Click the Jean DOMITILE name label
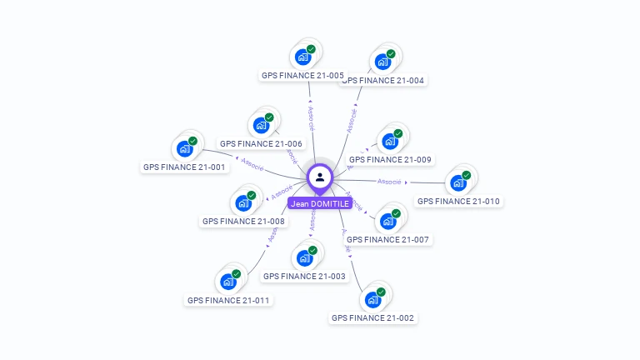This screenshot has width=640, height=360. [320, 203]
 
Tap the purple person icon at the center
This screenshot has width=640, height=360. [320, 177]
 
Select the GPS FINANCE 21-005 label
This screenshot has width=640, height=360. [302, 75]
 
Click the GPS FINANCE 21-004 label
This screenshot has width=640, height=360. [383, 81]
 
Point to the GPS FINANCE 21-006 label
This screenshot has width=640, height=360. [261, 143]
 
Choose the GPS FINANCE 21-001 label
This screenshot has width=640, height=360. [184, 167]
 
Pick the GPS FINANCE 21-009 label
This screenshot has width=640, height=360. [390, 159]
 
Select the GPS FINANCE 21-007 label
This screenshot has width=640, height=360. [387, 239]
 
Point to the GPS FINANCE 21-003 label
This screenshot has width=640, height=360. [304, 276]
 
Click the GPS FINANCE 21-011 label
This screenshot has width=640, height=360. [228, 300]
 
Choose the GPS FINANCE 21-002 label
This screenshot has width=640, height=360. [372, 317]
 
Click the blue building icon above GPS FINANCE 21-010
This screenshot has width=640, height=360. [457, 183]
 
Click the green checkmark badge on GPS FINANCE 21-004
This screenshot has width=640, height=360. [391, 54]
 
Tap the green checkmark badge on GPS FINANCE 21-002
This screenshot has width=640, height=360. [381, 292]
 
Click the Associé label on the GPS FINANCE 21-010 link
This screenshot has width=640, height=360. [389, 181]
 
